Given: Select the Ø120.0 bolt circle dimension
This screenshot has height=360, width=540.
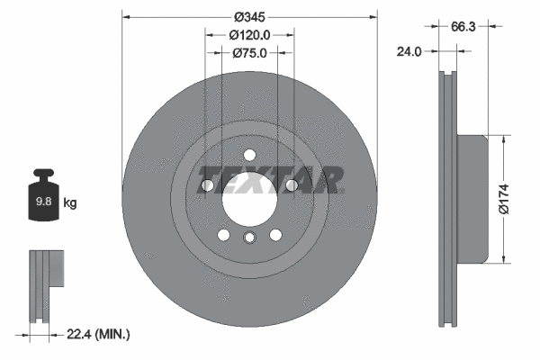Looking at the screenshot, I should [x=249, y=35].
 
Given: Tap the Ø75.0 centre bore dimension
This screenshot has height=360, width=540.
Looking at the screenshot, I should [x=249, y=53].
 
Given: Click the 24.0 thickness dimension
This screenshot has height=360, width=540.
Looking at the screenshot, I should [x=409, y=51].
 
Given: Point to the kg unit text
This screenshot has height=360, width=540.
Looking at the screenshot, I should [x=69, y=203].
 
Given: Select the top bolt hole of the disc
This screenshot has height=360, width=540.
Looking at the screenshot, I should [x=249, y=152].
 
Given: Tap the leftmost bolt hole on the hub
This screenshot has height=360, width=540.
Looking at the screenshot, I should [x=207, y=186].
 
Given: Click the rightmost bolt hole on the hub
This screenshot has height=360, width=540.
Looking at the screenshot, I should [x=292, y=186].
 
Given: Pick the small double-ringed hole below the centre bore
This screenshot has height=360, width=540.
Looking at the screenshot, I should [x=249, y=237].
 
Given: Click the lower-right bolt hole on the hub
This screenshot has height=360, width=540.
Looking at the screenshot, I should [x=275, y=235].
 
